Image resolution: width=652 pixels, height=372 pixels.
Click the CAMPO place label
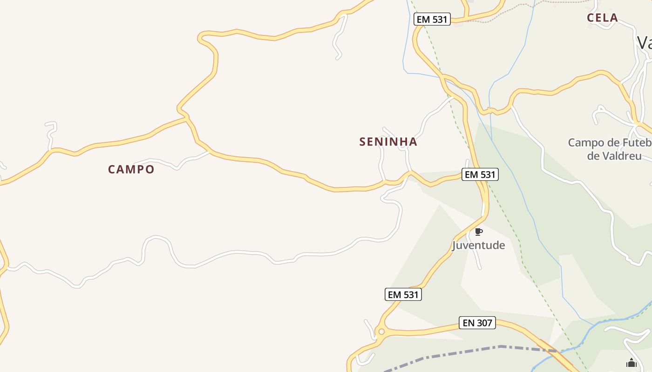[131, 169]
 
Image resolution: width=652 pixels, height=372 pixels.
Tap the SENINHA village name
[388, 142]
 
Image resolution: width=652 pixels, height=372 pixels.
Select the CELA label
[602, 18]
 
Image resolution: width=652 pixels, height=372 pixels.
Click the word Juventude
[478, 245]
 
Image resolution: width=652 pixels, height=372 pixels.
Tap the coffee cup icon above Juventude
[478, 232]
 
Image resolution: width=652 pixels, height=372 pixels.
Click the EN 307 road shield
[477, 323]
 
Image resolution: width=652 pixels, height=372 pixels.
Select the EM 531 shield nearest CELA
[432, 19]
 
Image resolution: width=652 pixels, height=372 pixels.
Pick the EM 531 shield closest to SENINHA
[480, 174]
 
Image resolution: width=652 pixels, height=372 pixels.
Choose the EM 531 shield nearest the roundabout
[403, 294]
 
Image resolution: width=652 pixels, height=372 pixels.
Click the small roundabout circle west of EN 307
[381, 332]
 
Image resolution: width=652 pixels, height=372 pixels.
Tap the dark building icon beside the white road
[631, 363]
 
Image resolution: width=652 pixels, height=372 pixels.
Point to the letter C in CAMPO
[112, 169]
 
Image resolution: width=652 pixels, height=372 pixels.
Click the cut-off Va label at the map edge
[645, 43]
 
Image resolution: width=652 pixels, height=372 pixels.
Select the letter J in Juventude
[455, 246]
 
